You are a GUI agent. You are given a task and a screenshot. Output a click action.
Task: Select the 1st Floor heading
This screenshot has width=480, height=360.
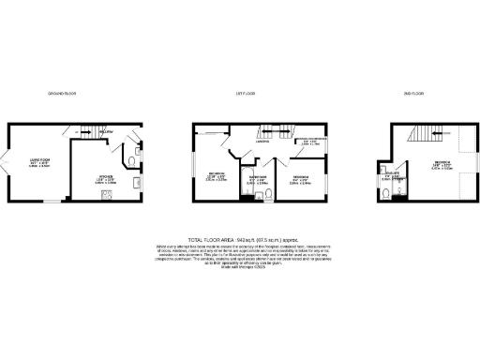(246, 95)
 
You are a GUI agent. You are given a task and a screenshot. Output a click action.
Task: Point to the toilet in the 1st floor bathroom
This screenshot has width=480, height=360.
(268, 195)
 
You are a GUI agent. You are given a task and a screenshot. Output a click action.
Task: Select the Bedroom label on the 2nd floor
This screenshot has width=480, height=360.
(442, 164)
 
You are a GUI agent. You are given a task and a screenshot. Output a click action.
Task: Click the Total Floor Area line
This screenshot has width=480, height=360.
(241, 240)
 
